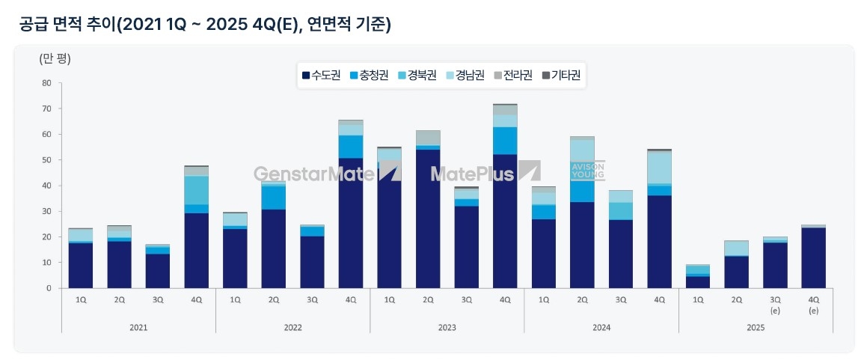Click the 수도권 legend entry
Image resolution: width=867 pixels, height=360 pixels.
(321, 75)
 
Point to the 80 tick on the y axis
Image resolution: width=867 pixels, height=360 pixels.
(46, 83)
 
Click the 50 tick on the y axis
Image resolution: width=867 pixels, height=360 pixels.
(46, 160)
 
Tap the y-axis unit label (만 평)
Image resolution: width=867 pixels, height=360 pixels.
(55, 58)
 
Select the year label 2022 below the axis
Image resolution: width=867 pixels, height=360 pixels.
(292, 327)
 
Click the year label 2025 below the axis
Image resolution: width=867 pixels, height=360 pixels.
(756, 327)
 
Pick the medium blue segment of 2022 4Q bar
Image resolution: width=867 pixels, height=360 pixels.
(351, 147)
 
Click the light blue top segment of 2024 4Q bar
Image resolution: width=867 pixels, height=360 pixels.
(660, 167)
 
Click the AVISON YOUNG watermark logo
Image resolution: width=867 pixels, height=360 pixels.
(587, 171)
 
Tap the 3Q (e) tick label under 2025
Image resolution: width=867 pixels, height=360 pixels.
(775, 303)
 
